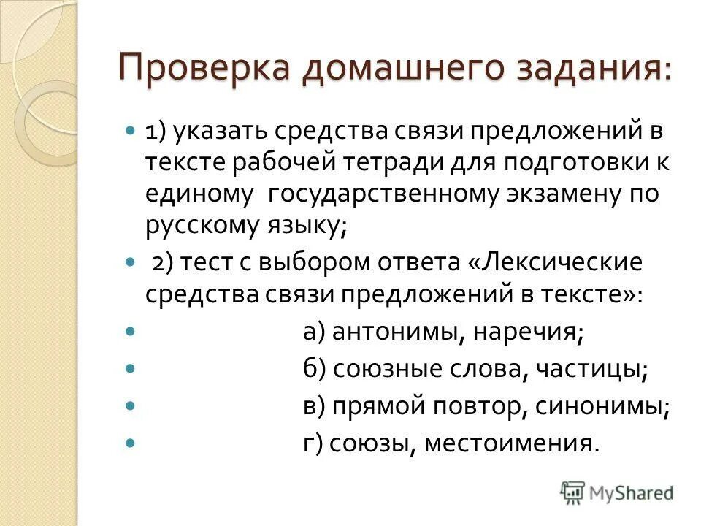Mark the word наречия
pos(528,332)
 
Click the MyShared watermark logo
pos(617,492)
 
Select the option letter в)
pos(315,407)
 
